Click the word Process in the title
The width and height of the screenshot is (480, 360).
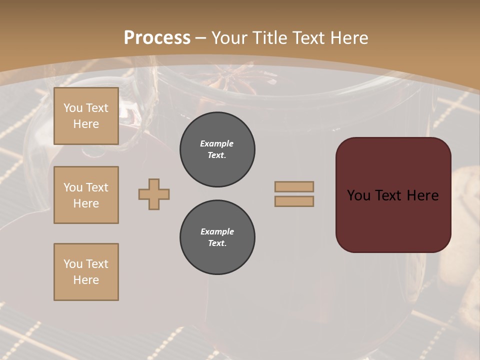pyautogui.click(x=157, y=38)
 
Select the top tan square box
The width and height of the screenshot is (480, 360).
pyautogui.click(x=86, y=116)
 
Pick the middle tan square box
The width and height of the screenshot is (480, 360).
pyautogui.click(x=86, y=195)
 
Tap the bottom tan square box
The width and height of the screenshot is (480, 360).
pyautogui.click(x=86, y=272)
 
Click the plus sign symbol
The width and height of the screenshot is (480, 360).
pyautogui.click(x=154, y=194)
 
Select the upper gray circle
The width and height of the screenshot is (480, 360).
pyautogui.click(x=217, y=149)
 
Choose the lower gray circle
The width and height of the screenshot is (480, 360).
pyautogui.click(x=217, y=237)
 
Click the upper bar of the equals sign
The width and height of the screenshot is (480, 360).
pyautogui.click(x=294, y=186)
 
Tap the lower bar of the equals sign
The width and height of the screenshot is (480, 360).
pyautogui.click(x=294, y=201)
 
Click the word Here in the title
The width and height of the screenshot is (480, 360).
pyautogui.click(x=348, y=38)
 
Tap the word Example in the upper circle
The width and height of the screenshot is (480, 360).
pyautogui.click(x=216, y=143)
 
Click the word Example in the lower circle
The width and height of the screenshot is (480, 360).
pyautogui.click(x=217, y=231)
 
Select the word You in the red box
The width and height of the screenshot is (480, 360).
pyautogui.click(x=358, y=195)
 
